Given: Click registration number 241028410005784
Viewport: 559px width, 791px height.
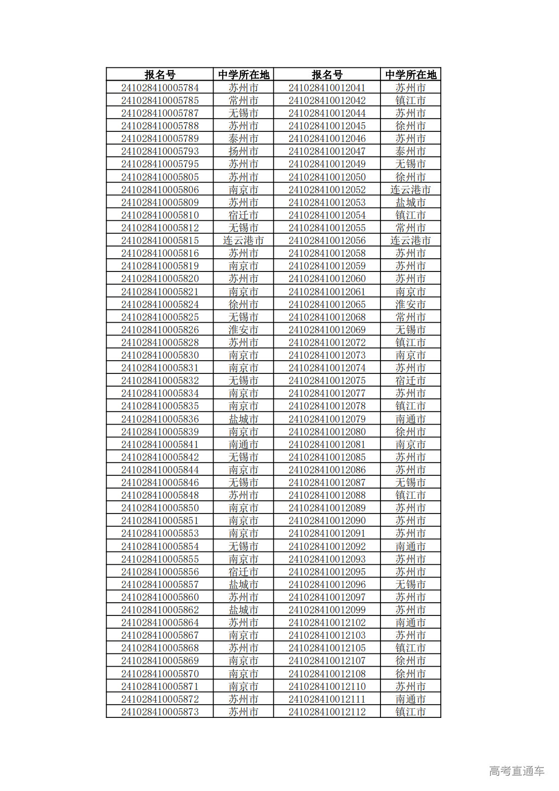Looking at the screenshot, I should coord(160,88).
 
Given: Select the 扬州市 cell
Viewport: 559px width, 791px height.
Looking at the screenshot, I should coord(243,151).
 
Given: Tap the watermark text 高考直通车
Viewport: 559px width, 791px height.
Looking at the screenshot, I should coord(516,771).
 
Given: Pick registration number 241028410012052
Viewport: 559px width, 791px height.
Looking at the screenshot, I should coord(327,190).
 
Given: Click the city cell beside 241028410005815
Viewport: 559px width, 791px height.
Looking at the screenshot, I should coord(243,240).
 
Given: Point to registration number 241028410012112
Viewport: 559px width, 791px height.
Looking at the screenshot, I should coord(327,712).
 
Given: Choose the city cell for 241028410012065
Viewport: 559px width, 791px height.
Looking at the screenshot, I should coord(410,304).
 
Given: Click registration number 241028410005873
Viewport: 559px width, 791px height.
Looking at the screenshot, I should coord(160,712).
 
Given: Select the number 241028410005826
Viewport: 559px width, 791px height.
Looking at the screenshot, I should coord(160,330).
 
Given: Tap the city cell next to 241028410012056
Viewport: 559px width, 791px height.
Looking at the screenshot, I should coord(410,240).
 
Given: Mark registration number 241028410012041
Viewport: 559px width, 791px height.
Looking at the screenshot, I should coord(327,88).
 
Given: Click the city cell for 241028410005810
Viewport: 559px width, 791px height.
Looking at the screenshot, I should coord(243,215).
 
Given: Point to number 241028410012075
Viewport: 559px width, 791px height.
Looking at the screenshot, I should coord(327,381).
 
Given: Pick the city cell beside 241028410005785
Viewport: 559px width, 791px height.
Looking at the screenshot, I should coord(243,100).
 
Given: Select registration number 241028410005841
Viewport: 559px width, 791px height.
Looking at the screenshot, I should coord(160,444).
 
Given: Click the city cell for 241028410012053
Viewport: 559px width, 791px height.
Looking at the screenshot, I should coord(410,202).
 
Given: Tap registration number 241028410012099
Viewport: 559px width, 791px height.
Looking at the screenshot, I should coord(327,610).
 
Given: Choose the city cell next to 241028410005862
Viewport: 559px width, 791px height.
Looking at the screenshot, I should coord(243,610).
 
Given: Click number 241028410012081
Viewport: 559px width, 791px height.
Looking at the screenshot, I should coord(327,444).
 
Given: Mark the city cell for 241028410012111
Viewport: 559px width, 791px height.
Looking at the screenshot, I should coord(410,699).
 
